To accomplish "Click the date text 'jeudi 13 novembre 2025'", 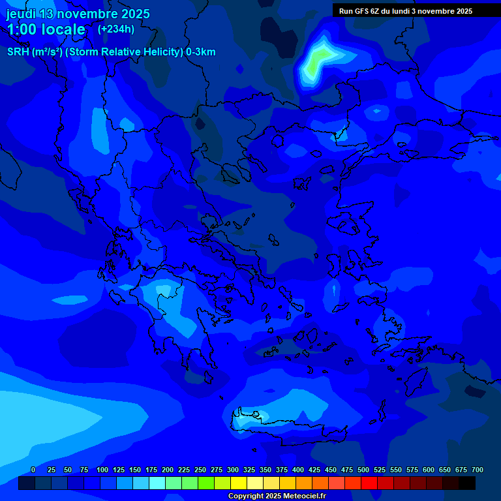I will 78,14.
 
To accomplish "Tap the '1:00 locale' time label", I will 46,29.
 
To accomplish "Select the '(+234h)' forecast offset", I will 116,29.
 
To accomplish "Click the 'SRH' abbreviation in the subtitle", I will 18,52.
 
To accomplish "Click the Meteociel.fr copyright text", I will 277,496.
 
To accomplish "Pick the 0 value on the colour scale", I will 33,470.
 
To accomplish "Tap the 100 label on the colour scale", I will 102,470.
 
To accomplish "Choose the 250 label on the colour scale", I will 200,470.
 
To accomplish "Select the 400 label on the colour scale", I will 298,470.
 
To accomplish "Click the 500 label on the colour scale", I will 363,470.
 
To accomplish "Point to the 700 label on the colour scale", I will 478,470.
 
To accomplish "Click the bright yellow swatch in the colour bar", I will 239,483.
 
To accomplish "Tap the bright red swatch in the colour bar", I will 369,483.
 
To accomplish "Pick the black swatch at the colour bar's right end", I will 467,483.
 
